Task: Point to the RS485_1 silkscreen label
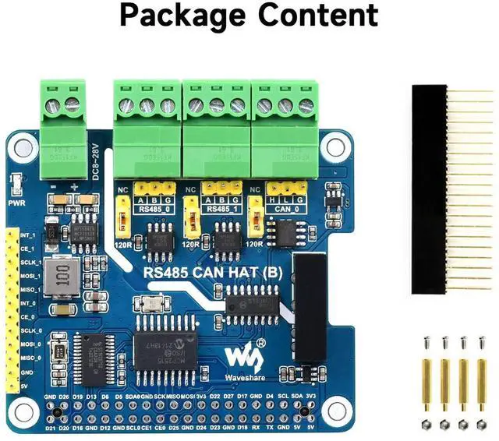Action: pos(221,209)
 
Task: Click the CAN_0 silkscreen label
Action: pos(285,209)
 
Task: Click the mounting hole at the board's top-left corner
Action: pos(23,146)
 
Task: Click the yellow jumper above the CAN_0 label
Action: pos(285,188)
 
